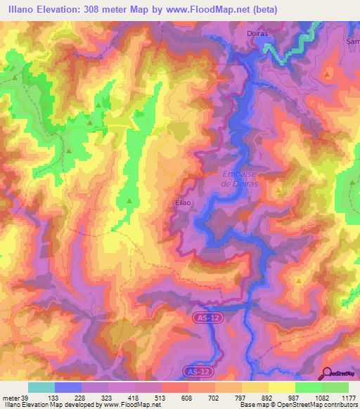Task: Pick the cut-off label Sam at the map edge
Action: [x=352, y=41]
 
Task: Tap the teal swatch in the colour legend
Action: [x=41, y=387]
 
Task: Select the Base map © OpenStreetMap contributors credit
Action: [x=296, y=405]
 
